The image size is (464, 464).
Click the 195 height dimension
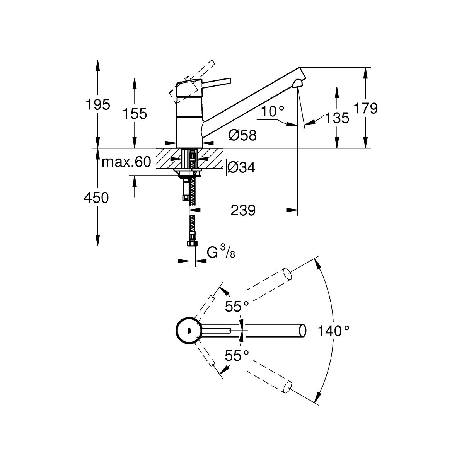click(97, 104)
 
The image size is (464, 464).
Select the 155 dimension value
click(135, 114)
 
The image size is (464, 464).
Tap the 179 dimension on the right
click(365, 109)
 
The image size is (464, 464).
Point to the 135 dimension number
click(337, 118)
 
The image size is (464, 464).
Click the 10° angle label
click(273, 112)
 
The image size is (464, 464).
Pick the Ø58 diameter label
click(242, 135)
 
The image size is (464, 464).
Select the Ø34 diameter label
click(241, 168)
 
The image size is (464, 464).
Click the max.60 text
click(126, 162)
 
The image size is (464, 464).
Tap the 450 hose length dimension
click(97, 198)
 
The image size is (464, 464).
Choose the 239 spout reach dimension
click(243, 211)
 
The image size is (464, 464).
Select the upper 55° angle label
click(237, 307)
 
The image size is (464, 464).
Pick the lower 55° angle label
click(237, 355)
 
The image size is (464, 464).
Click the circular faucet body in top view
click(188, 331)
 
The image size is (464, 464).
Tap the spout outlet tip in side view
click(298, 83)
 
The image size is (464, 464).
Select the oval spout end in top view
click(303, 331)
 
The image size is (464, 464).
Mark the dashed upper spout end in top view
click(287, 273)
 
